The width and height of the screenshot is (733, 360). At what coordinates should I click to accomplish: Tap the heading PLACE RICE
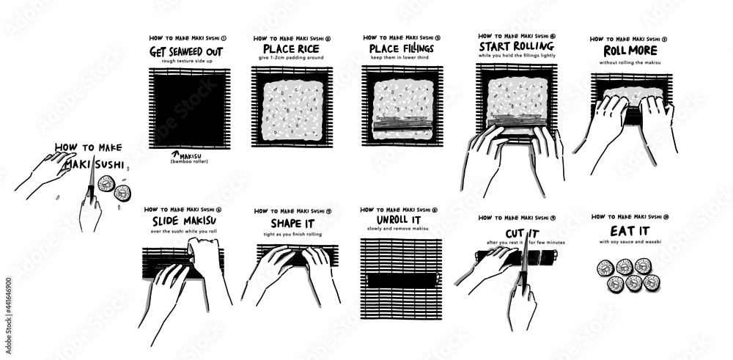click(x=285, y=50)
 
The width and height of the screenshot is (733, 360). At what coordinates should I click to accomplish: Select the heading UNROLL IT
click(x=399, y=220)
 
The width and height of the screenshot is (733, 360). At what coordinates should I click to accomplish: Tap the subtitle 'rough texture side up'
click(x=188, y=62)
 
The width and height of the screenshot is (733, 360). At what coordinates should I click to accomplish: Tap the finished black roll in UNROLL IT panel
click(x=400, y=279)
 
